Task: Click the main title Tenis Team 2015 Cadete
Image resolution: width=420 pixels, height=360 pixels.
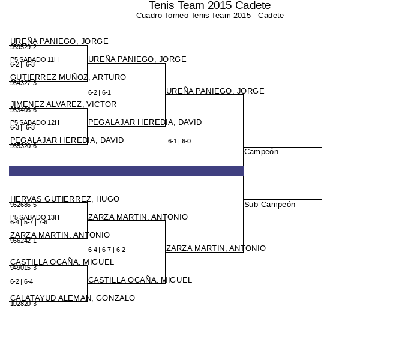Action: [209, 5]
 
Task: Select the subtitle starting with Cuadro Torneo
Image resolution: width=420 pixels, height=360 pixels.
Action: [209, 16]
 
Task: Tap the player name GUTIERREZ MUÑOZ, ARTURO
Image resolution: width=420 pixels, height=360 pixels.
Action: [68, 77]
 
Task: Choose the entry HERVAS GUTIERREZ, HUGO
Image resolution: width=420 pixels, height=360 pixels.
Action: [65, 199]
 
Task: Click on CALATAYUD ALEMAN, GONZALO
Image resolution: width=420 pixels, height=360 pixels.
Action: [73, 298]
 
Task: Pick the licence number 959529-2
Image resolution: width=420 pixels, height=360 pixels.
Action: [23, 47]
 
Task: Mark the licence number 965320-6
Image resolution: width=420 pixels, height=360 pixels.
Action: [23, 146]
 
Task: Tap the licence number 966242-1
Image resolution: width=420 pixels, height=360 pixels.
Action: [23, 241]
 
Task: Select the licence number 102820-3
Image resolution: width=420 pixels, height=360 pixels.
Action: [23, 304]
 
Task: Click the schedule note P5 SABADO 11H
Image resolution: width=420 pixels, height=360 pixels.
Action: [34, 59]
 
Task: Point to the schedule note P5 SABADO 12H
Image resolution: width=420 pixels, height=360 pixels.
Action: [34, 122]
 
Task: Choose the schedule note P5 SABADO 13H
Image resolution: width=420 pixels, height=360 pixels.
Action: [34, 217]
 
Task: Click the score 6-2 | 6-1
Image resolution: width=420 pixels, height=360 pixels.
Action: [100, 93]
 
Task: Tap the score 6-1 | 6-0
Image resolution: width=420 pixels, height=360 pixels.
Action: [179, 142]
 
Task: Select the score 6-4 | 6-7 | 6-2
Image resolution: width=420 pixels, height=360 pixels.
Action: [107, 250]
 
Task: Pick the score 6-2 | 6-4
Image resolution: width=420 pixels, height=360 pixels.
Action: [22, 281]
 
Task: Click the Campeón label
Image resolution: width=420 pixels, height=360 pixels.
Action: [261, 152]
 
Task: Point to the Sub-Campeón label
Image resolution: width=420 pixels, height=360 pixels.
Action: [269, 205]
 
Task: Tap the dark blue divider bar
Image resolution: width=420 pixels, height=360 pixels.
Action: [126, 171]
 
